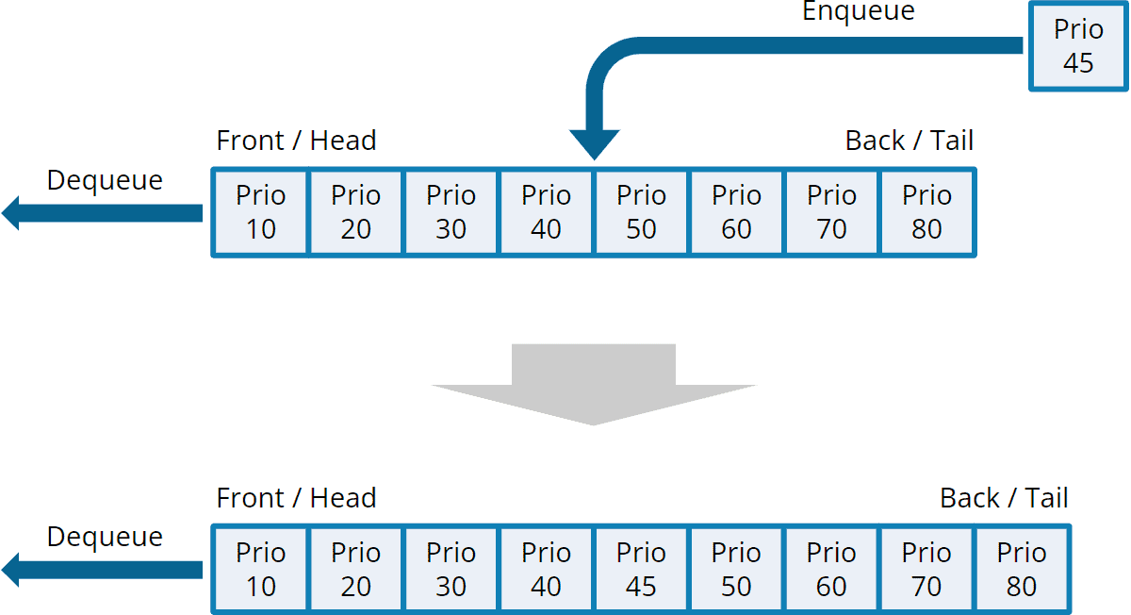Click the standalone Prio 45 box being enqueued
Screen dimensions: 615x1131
click(1077, 46)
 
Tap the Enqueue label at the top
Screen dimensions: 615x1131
click(858, 11)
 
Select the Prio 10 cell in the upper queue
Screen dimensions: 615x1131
click(260, 212)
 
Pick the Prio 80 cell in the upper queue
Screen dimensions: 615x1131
click(926, 212)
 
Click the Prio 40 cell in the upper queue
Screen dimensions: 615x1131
click(546, 212)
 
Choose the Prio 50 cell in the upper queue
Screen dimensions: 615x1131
click(641, 212)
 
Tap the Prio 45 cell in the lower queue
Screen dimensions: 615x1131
click(641, 570)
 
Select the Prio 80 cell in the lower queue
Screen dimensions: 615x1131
click(1022, 570)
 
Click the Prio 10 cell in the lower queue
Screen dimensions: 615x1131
click(260, 570)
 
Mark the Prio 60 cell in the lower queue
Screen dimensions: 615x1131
click(831, 570)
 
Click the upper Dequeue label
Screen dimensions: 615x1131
click(105, 180)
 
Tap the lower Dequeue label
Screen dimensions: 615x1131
click(105, 537)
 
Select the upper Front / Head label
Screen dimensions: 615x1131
click(296, 141)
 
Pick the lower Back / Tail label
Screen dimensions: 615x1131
click(1004, 498)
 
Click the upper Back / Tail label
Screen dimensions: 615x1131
click(909, 141)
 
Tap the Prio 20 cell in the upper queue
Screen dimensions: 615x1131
click(355, 212)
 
